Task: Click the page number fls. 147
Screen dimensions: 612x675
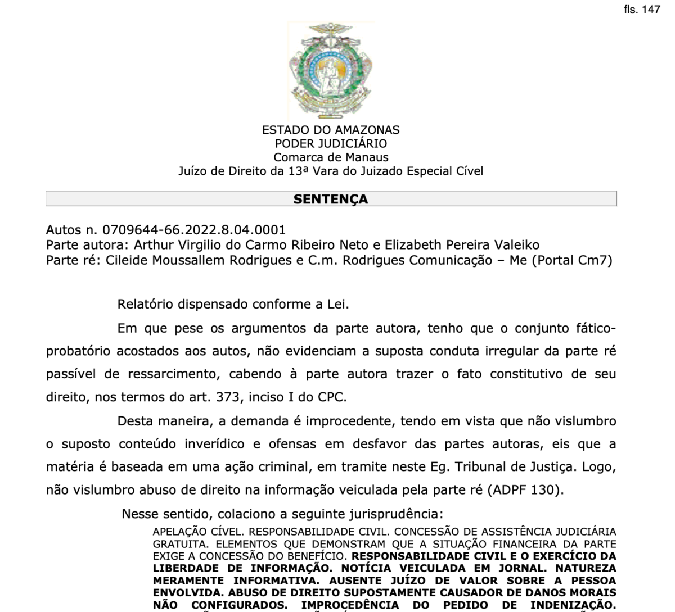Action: click(642, 10)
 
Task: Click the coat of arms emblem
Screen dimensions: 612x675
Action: click(331, 69)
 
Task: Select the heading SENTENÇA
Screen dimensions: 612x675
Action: click(331, 199)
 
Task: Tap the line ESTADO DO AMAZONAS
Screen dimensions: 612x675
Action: click(331, 130)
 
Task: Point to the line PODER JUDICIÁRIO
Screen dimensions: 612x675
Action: click(331, 143)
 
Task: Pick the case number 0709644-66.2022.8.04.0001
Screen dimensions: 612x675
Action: click(194, 230)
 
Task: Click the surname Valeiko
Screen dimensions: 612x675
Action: click(515, 245)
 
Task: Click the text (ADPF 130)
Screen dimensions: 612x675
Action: click(525, 489)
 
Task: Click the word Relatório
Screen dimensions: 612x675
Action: click(145, 305)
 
